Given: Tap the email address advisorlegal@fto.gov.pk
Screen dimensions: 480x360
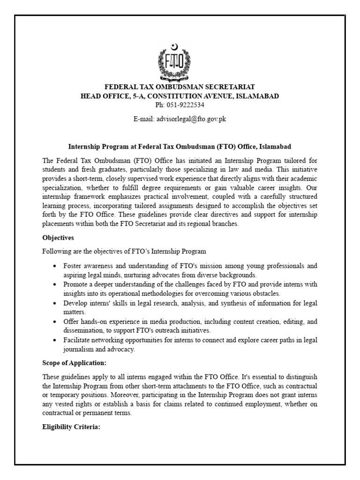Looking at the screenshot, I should pos(180,120).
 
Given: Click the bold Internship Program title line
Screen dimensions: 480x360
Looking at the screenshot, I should pos(180,146).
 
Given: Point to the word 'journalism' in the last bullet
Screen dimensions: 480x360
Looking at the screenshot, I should pos(78,350).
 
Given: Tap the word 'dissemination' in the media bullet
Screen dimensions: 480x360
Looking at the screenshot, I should pos(82,331).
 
